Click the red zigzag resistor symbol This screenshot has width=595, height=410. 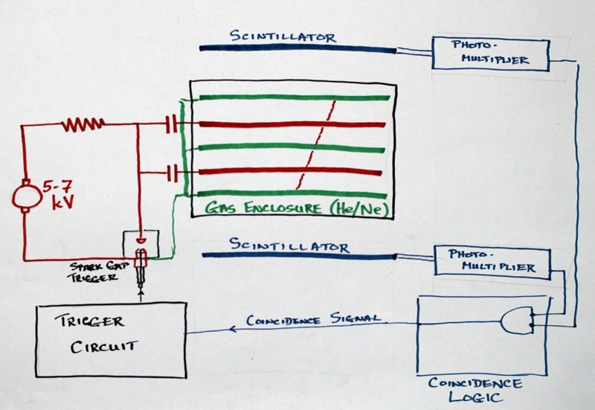83,124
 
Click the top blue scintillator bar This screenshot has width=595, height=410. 297,51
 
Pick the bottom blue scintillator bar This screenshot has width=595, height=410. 297,256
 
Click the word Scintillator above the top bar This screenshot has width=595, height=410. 282,36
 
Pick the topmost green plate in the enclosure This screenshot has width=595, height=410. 290,97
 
